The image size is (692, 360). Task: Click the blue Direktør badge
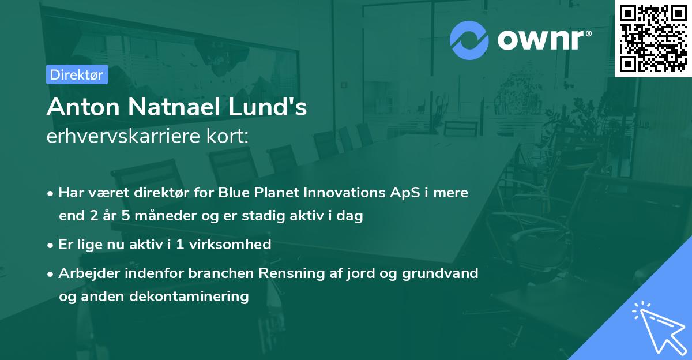tap(77, 74)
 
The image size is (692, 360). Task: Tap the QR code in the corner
tap(653, 38)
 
